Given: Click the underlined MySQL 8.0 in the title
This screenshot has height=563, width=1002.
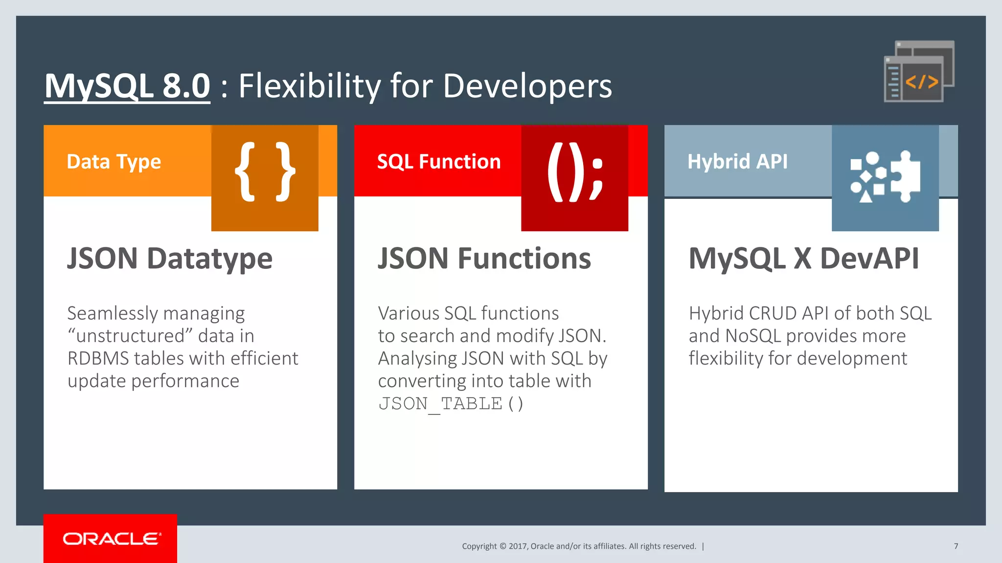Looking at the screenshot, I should pyautogui.click(x=127, y=86).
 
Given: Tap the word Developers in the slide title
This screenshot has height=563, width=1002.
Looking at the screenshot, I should pyautogui.click(x=527, y=86).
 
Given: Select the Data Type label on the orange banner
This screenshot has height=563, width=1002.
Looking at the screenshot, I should pyautogui.click(x=114, y=162).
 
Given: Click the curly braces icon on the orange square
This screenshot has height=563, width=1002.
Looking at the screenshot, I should pyautogui.click(x=265, y=172).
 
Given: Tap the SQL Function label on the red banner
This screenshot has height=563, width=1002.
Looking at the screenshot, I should pyautogui.click(x=439, y=162).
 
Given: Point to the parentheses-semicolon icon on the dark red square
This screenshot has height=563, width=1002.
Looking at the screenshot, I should pyautogui.click(x=574, y=172).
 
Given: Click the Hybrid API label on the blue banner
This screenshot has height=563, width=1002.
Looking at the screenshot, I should pyautogui.click(x=737, y=162).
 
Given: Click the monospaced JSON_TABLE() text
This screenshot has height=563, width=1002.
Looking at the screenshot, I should pyautogui.click(x=451, y=404).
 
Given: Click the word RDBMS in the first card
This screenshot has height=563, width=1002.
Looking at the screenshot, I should pyautogui.click(x=98, y=359).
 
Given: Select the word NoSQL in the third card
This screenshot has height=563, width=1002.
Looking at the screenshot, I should pyautogui.click(x=753, y=336).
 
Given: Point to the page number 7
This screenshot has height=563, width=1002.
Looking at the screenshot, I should pyautogui.click(x=956, y=546).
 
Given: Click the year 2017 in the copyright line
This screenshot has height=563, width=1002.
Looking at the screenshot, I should pyautogui.click(x=517, y=546).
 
